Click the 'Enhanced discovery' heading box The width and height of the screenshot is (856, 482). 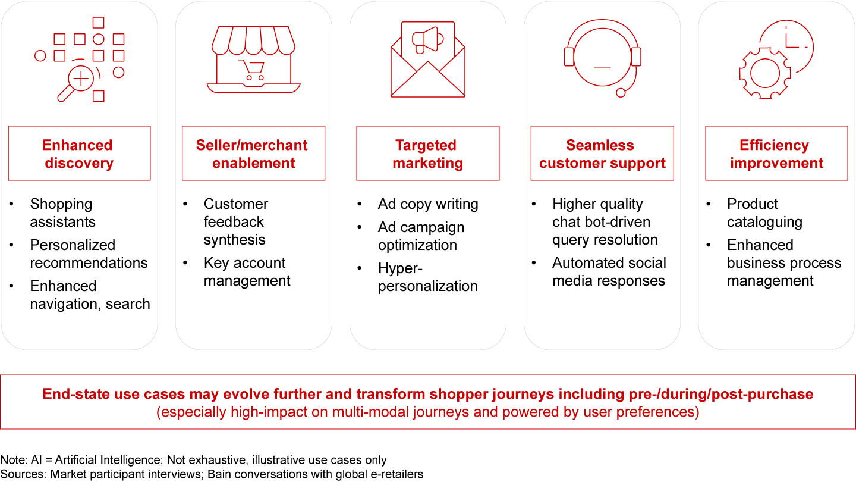(80, 153)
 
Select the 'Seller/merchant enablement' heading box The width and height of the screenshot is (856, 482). (253, 153)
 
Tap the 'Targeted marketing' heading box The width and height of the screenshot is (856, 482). (427, 153)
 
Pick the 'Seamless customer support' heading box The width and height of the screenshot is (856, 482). (602, 153)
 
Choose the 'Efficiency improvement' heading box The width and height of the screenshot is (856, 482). (776, 153)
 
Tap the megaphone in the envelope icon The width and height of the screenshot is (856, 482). (427, 40)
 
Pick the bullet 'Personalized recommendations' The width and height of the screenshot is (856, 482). (89, 253)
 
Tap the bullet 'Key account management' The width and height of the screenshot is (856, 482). (247, 271)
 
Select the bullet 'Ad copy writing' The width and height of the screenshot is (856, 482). (428, 204)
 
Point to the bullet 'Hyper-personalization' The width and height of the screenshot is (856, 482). (427, 277)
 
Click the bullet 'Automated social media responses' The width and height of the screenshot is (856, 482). (609, 271)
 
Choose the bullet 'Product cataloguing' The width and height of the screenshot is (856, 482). (764, 212)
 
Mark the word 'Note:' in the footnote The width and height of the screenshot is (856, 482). (14, 459)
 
